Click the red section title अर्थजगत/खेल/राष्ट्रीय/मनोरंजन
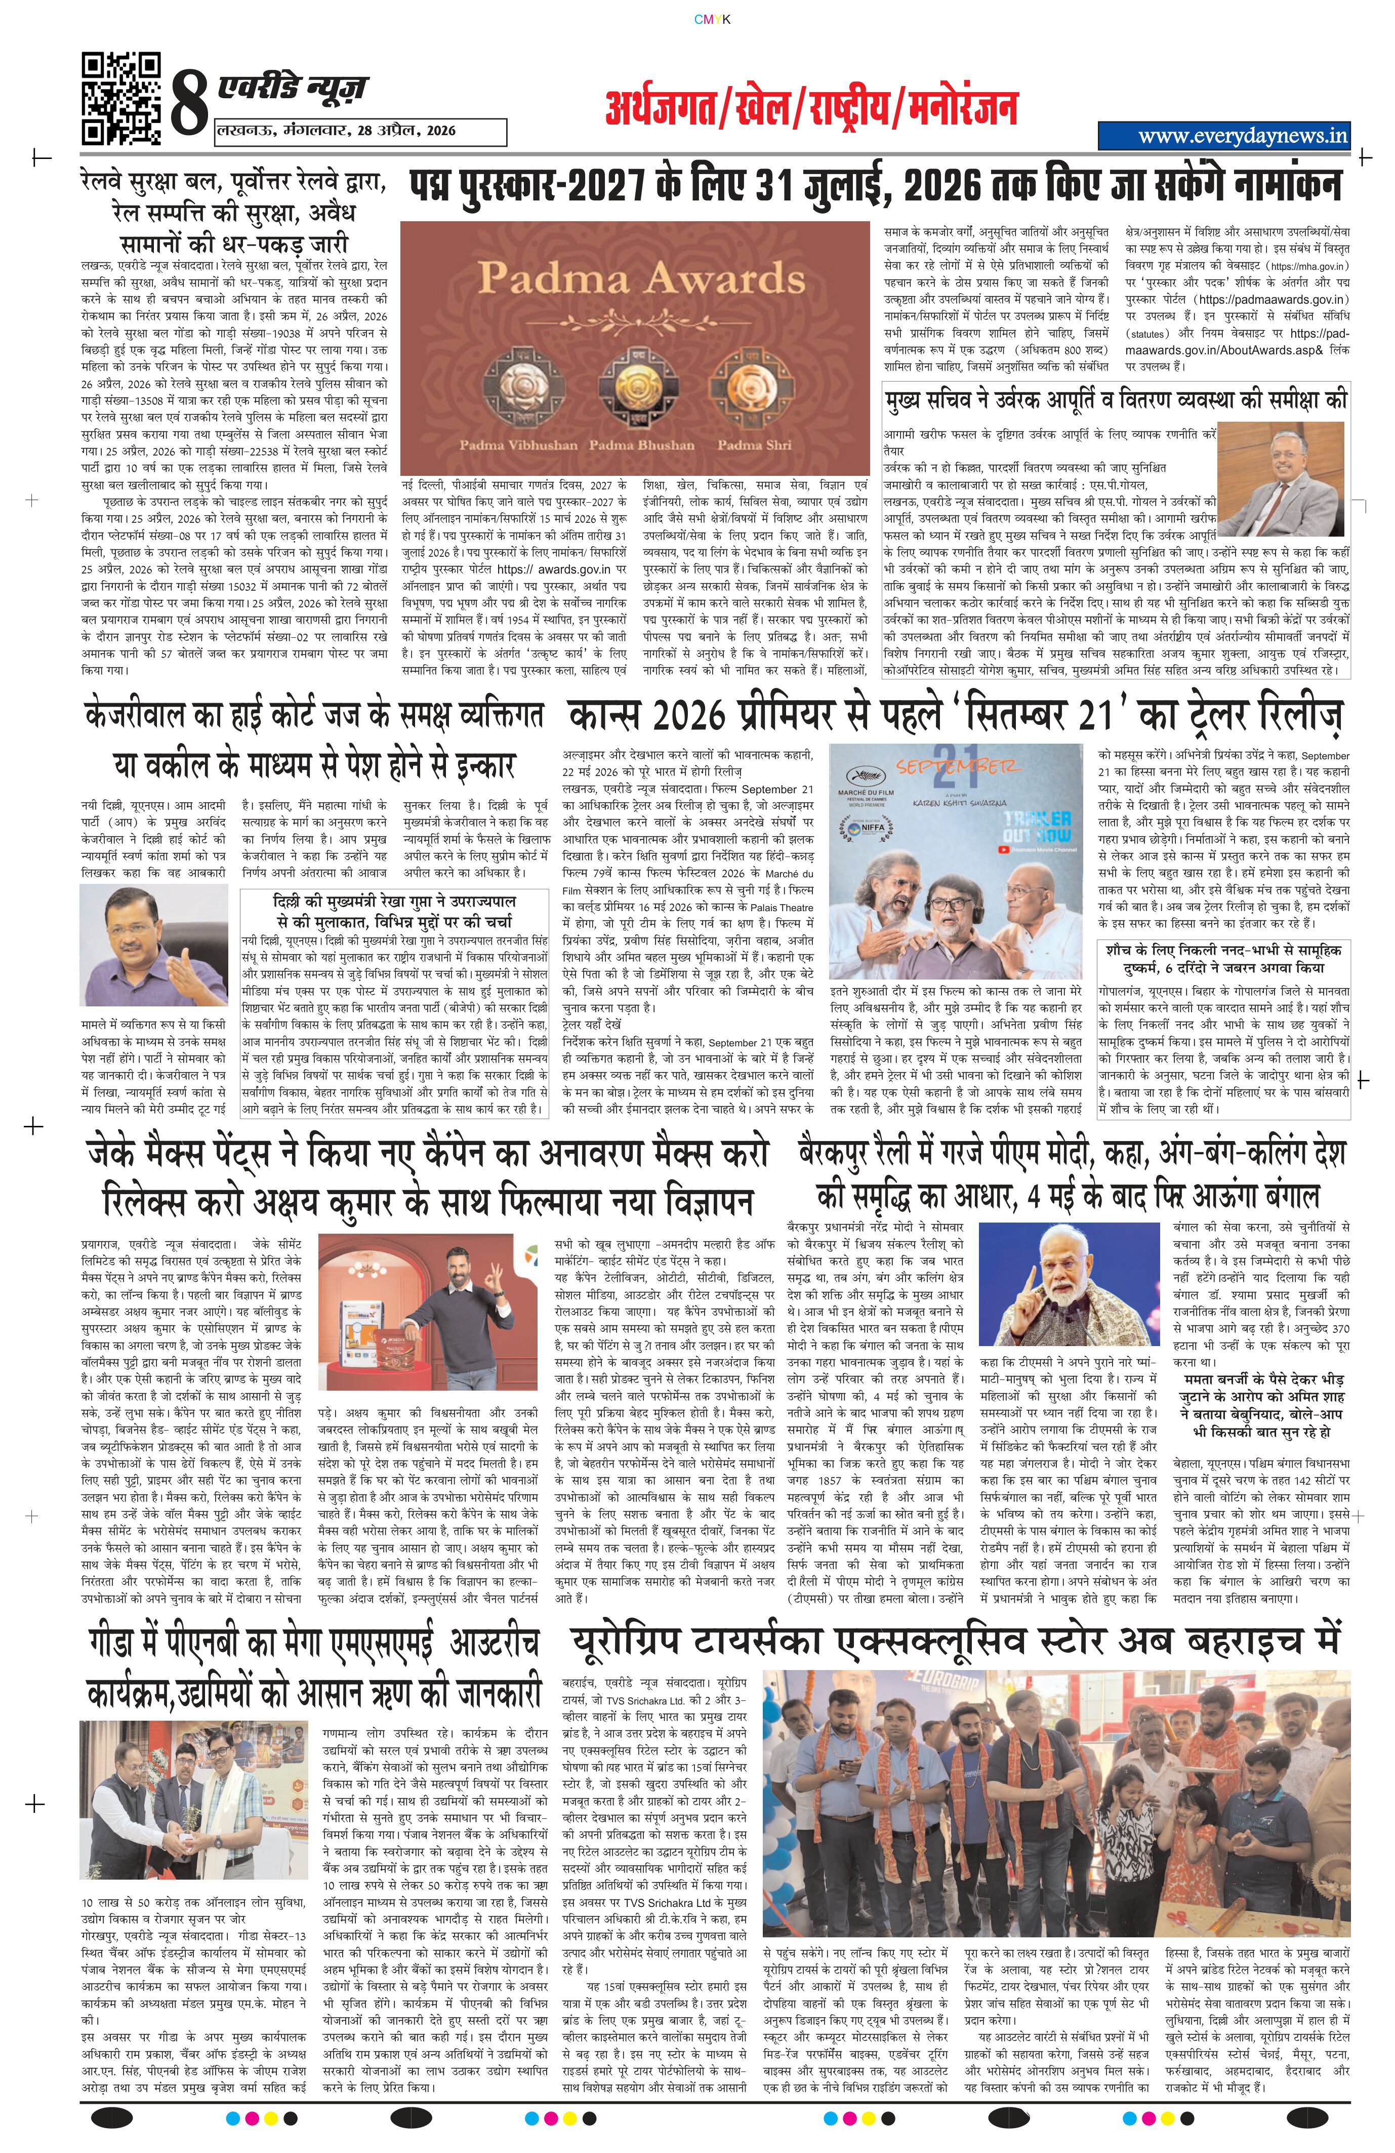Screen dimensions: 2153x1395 pyautogui.click(x=811, y=108)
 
